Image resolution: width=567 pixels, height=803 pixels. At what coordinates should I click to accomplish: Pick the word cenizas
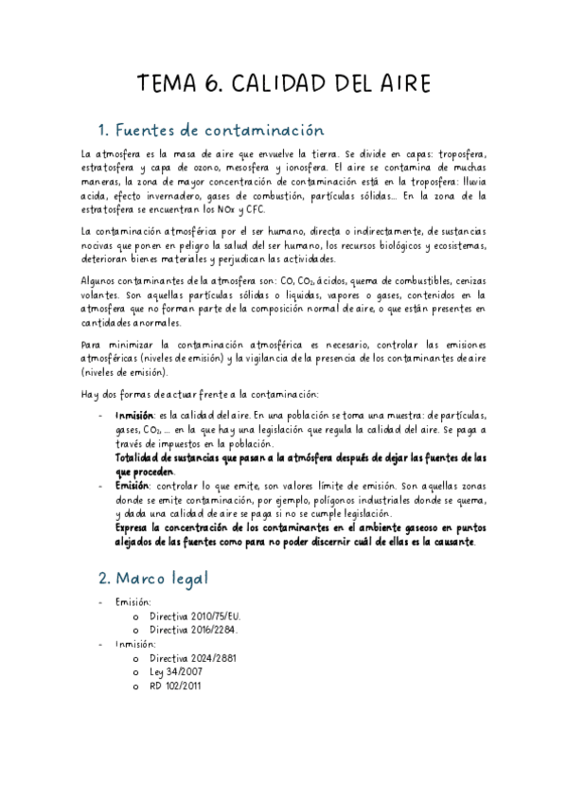coord(464,281)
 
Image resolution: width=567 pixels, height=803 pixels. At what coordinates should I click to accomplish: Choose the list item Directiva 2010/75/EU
coord(194,616)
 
